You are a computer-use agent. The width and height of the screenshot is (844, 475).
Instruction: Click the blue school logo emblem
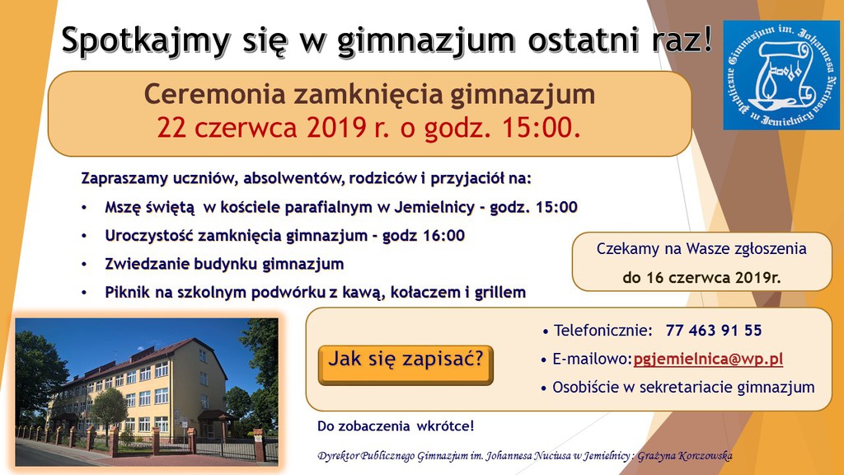pyautogui.click(x=781, y=75)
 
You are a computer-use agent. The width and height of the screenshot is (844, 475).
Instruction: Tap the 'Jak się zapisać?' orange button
pyautogui.click(x=406, y=360)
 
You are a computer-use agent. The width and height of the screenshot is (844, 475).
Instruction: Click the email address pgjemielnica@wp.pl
pyautogui.click(x=708, y=359)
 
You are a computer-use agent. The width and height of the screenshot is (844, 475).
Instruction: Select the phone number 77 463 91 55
pyautogui.click(x=714, y=331)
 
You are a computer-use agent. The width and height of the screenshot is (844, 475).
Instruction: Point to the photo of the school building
pyautogui.click(x=147, y=389)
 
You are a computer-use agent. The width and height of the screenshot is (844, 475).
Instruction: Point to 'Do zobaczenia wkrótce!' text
pyautogui.click(x=396, y=426)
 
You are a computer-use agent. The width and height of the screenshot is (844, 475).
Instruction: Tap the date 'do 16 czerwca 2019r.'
pyautogui.click(x=701, y=277)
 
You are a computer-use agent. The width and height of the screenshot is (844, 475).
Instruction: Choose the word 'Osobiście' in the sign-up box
pyautogui.click(x=585, y=387)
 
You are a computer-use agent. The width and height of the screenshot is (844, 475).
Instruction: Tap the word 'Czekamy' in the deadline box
pyautogui.click(x=625, y=248)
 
